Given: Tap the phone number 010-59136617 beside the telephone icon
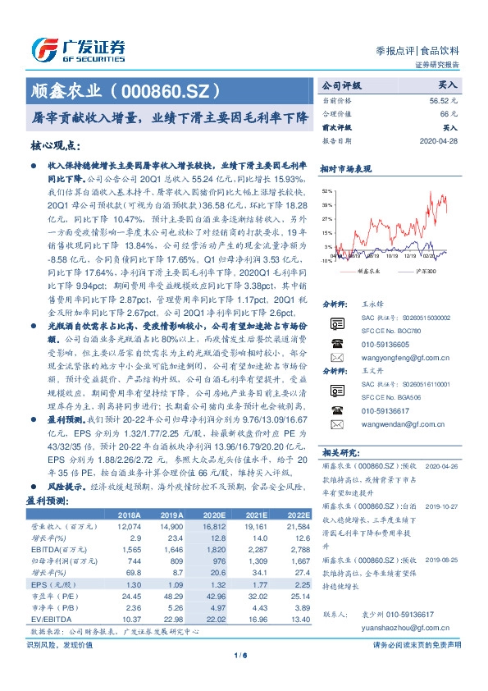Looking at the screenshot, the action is (x=386, y=410).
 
